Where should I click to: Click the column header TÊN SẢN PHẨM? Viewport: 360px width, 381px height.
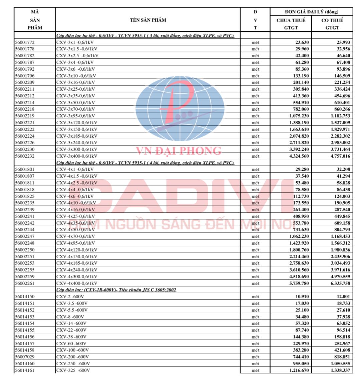click(148, 20)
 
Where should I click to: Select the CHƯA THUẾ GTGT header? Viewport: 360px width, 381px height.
click(291, 24)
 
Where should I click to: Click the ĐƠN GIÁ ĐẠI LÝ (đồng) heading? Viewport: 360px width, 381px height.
click(311, 12)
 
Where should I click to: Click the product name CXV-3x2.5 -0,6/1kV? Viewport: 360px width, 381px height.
click(77, 56)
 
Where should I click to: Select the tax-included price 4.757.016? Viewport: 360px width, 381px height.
click(340, 156)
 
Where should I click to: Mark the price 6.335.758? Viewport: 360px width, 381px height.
click(340, 283)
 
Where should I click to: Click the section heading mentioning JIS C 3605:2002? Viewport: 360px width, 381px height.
click(116, 290)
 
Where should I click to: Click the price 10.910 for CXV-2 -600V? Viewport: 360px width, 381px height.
click(302, 297)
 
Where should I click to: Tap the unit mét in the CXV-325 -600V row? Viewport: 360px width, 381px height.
click(255, 370)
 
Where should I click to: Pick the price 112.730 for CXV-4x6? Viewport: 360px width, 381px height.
click(300, 196)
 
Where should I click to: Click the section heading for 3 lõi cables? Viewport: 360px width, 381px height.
click(145, 36)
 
